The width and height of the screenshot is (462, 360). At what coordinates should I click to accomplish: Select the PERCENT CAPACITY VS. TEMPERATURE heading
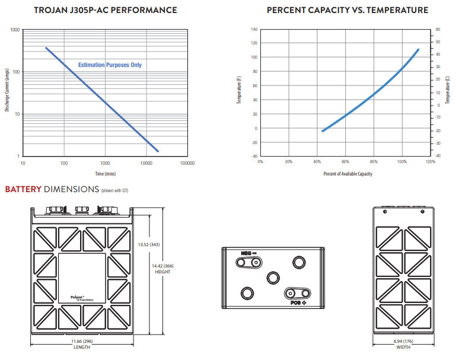click(x=347, y=11)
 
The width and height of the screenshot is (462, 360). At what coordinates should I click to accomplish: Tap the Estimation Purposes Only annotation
click(x=110, y=65)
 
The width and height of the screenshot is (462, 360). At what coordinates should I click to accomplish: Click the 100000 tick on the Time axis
click(x=187, y=163)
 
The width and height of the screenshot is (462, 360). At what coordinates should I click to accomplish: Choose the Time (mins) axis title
click(x=105, y=174)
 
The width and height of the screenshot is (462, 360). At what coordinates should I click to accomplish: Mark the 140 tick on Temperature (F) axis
click(x=254, y=29)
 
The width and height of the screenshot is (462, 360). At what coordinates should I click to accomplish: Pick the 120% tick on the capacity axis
click(x=430, y=161)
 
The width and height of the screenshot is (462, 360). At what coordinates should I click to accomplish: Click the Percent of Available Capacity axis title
click(x=348, y=174)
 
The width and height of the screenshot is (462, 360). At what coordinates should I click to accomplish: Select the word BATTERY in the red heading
click(x=23, y=190)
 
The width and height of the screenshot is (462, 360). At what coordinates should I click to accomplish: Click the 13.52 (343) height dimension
click(x=149, y=244)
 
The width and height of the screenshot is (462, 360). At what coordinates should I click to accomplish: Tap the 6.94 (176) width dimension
click(x=403, y=342)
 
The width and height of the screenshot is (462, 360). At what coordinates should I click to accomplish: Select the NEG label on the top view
click(x=246, y=253)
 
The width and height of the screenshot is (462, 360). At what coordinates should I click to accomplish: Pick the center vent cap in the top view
click(x=273, y=278)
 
